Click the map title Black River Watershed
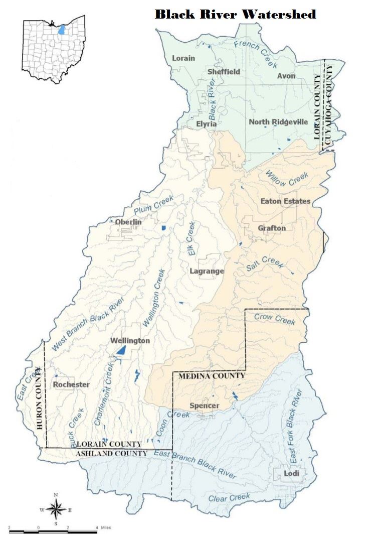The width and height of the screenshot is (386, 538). pos(235,14)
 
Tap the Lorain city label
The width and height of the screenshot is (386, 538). pos(183,58)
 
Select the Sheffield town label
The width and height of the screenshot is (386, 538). pos(224,72)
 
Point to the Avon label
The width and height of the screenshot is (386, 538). pos(286,76)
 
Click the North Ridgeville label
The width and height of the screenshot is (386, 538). pos(278,122)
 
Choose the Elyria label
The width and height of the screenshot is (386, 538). pos(206,123)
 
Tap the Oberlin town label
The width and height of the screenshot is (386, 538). pos(128,222)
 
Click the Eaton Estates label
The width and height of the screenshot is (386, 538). pos(285,201)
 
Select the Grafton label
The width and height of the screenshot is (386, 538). pos(272,228)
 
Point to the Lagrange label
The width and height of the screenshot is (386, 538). pos(207,271)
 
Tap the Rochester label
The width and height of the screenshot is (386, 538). pos(71,385)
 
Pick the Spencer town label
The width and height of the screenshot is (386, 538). pos(204,406)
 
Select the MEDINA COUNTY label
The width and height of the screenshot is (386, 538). pos(209,375)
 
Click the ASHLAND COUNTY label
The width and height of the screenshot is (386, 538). pos(112,453)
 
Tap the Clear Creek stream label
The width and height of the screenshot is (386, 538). pos(229,498)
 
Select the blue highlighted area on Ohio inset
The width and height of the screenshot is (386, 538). pos(61,29)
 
